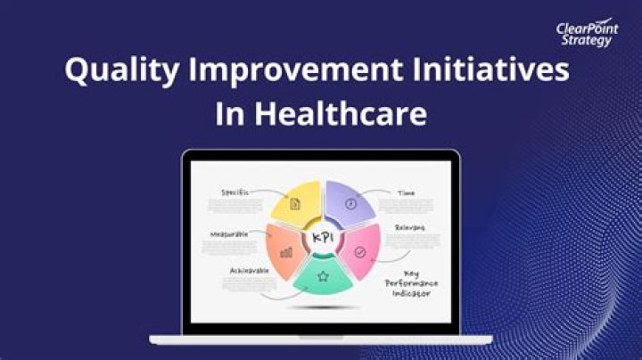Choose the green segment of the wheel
322,277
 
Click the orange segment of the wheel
284,251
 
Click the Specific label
235,192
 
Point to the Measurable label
230,234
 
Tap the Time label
405,192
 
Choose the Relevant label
409,227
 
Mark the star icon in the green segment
323,277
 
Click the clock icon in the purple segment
351,203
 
